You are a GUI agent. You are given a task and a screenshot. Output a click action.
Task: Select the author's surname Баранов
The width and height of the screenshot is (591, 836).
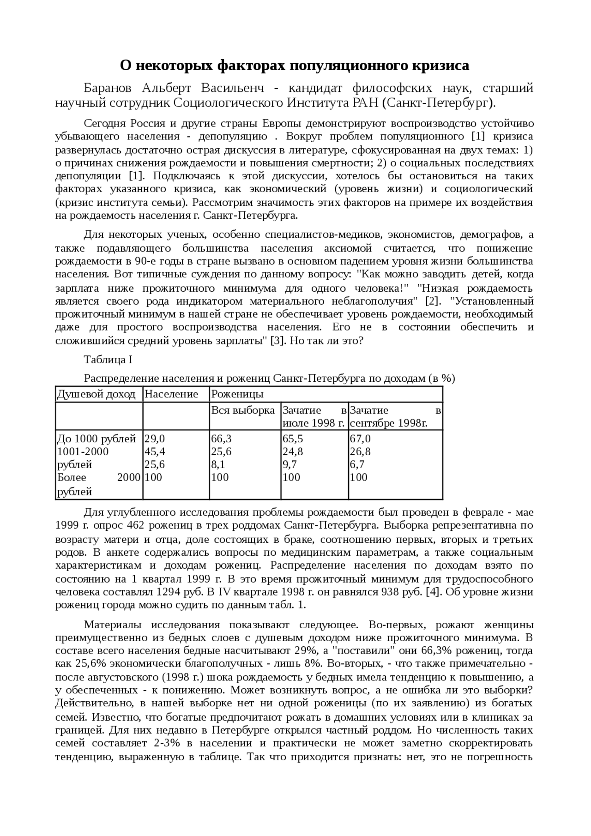click(107, 88)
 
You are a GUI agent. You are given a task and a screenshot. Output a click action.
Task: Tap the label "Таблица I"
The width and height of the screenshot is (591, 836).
click(108, 360)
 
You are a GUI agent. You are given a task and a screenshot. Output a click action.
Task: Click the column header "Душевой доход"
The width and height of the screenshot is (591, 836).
click(96, 394)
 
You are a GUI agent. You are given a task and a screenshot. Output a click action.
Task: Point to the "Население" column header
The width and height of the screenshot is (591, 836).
click(171, 394)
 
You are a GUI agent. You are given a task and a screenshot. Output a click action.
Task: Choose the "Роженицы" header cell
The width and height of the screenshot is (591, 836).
click(237, 394)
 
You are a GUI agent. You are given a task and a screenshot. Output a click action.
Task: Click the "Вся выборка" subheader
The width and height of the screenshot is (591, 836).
click(243, 410)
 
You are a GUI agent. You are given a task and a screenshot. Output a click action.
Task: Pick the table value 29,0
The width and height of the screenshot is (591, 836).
click(155, 439)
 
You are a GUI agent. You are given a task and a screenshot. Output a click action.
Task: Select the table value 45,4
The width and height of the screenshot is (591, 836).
click(155, 451)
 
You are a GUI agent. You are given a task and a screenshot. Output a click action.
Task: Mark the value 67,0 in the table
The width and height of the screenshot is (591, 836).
click(360, 439)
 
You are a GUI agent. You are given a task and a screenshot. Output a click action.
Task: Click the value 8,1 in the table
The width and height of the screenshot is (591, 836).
click(218, 464)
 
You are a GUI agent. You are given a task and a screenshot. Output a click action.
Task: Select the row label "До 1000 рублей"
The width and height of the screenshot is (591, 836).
click(96, 439)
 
